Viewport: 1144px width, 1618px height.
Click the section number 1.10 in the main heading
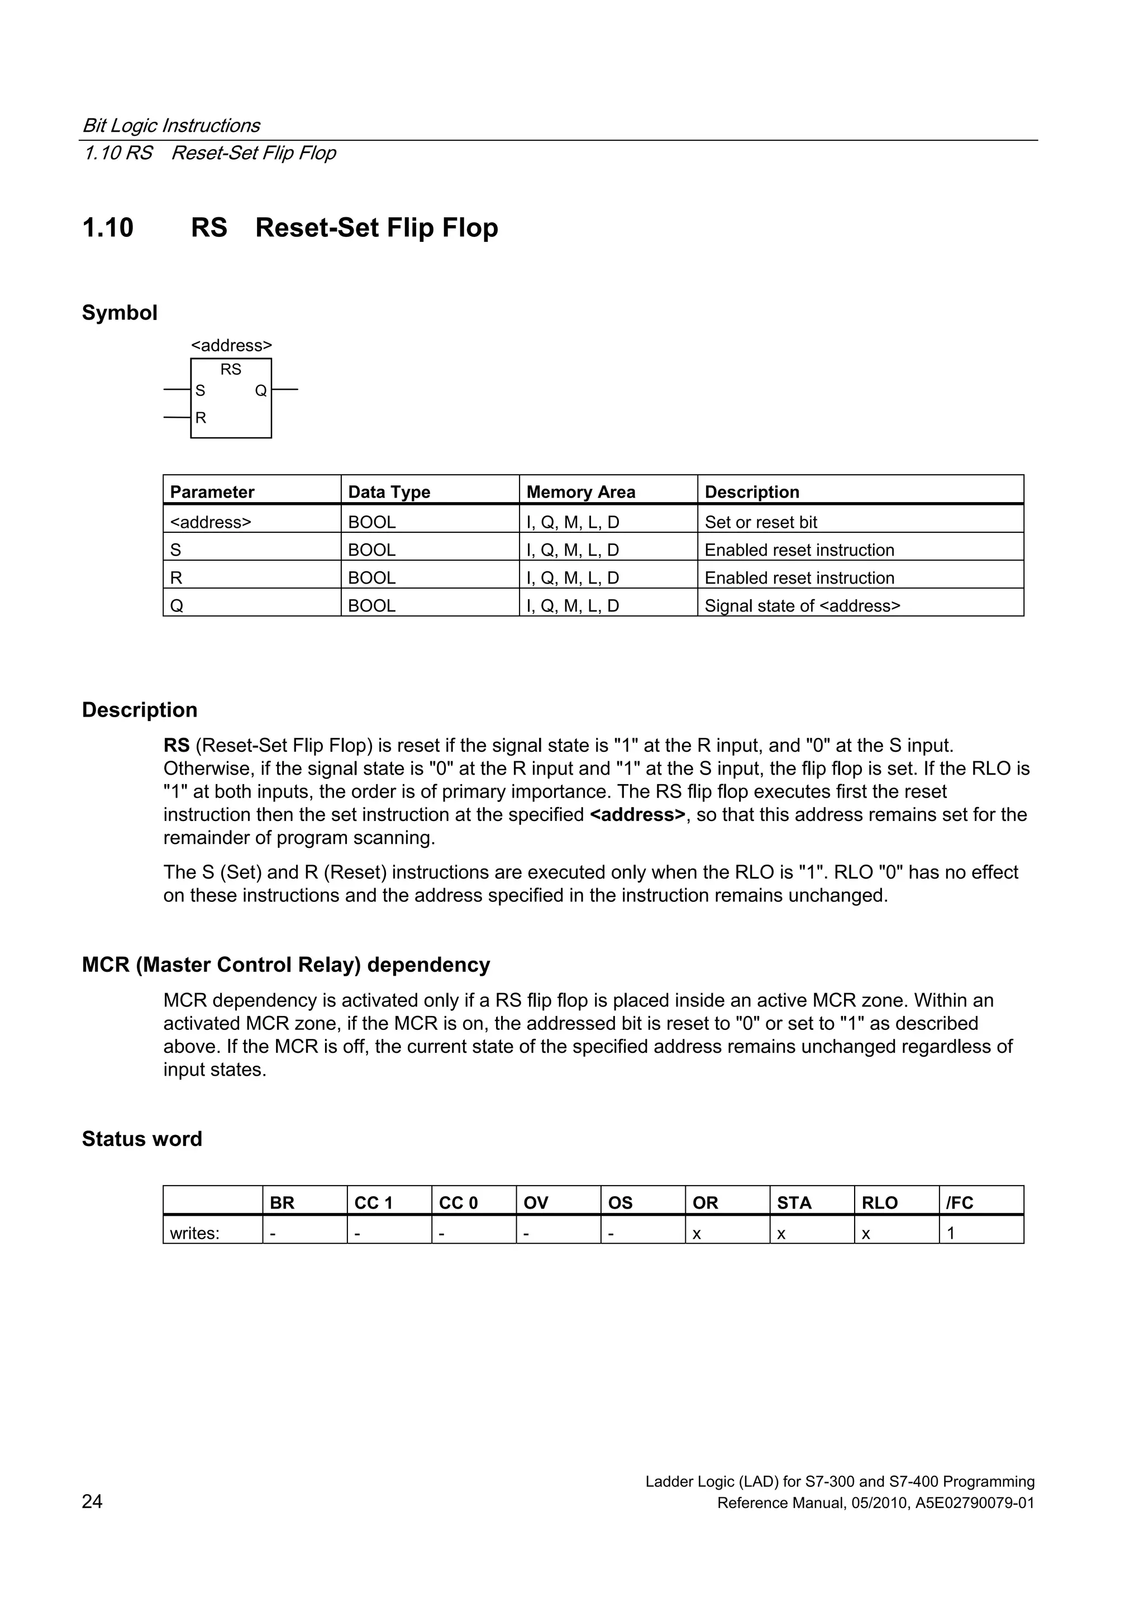[108, 228]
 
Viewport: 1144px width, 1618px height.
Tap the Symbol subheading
[119, 312]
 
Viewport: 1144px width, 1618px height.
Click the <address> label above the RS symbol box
[231, 345]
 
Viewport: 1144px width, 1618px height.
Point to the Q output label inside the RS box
[261, 390]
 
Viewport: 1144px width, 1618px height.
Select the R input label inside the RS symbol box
[201, 418]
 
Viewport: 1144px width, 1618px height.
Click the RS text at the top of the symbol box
[231, 369]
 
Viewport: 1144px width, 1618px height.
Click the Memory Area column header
[580, 492]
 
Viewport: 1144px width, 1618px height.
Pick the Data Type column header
[389, 492]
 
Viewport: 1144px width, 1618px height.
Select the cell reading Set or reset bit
[761, 522]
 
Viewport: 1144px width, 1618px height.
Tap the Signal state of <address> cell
[802, 605]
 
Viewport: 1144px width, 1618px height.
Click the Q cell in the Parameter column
[177, 605]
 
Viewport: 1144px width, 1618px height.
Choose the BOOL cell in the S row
[371, 550]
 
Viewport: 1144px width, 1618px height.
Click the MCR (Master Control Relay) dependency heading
[285, 964]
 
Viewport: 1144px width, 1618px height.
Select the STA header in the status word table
[794, 1203]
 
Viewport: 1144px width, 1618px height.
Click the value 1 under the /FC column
[951, 1233]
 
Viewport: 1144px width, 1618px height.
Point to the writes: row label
[194, 1233]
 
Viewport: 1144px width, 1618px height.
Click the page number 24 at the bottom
[92, 1502]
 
